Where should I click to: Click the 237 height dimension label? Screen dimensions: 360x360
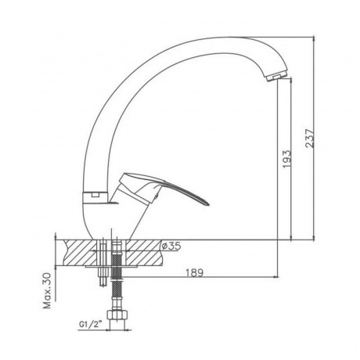310,139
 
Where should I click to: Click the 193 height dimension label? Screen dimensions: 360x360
286,159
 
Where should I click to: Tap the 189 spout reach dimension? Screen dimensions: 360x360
194,272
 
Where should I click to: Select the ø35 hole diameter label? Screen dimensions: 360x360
171,246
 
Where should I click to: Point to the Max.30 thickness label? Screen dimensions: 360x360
47,290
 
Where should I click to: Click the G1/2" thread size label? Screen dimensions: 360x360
90,325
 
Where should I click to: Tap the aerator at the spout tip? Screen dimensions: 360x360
276,77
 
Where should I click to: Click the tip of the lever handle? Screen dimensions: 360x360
209,204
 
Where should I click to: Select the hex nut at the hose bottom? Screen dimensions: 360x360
118,315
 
